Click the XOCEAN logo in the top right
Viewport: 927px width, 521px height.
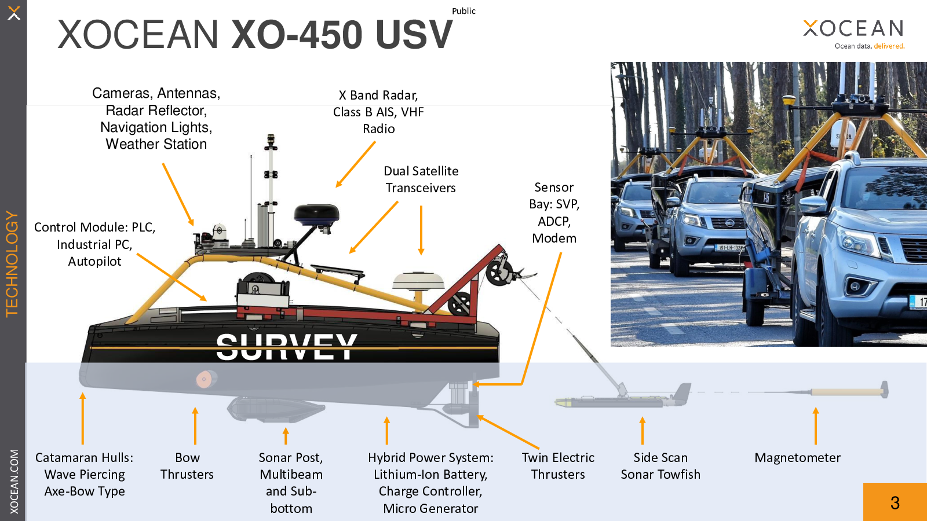tap(853, 29)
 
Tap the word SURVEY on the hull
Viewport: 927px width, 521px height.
tap(286, 347)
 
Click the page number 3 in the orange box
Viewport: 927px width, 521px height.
tap(895, 502)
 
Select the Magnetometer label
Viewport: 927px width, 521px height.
tap(797, 458)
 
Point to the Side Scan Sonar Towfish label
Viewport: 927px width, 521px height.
tap(660, 466)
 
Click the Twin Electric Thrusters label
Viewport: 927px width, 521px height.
tap(558, 466)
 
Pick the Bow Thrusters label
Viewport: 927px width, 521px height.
tap(187, 466)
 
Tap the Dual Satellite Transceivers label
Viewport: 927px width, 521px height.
tap(421, 179)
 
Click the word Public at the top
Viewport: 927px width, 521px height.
tap(463, 11)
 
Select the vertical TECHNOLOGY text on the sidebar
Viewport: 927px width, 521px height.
tap(12, 264)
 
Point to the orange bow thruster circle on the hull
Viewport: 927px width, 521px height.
tap(204, 380)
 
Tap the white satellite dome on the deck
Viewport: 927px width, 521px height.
tap(418, 281)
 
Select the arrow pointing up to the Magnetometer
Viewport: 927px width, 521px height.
tap(816, 425)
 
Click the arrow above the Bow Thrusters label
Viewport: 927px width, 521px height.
tap(195, 425)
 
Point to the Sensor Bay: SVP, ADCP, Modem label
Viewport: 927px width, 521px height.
tap(554, 212)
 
